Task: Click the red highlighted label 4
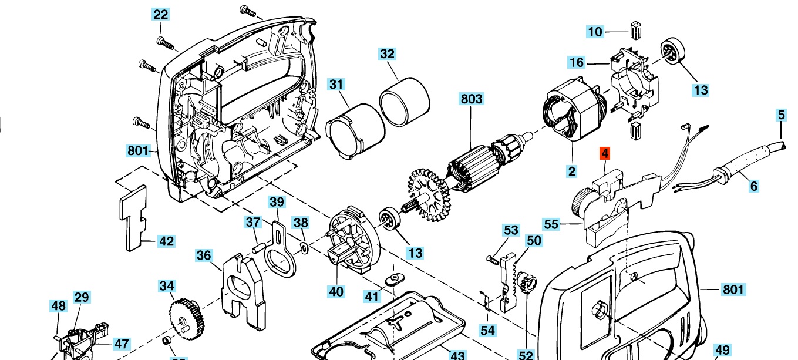pyautogui.click(x=605, y=154)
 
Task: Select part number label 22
pyautogui.click(x=161, y=15)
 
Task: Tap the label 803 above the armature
pyautogui.click(x=472, y=99)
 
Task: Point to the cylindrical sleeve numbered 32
pyautogui.click(x=404, y=97)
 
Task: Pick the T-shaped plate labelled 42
pyautogui.click(x=133, y=217)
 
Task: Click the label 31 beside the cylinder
pyautogui.click(x=335, y=85)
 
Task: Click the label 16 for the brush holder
pyautogui.click(x=577, y=62)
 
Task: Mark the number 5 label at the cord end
pyautogui.click(x=781, y=115)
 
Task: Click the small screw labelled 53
pyautogui.click(x=493, y=258)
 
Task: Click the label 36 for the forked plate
pyautogui.click(x=204, y=255)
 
